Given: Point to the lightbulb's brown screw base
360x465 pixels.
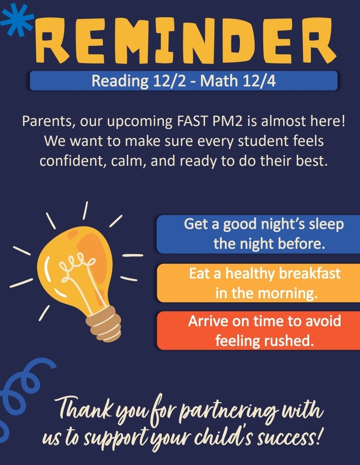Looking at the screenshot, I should (104, 324).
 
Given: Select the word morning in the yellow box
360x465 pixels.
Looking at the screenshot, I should (287, 293).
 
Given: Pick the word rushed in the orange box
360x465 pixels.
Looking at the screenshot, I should (293, 341).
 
